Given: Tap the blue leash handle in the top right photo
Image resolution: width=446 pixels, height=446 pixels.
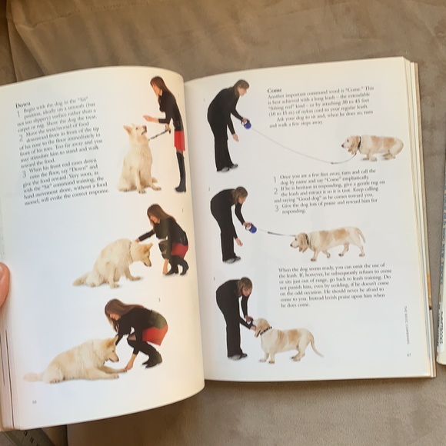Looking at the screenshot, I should click(x=246, y=123).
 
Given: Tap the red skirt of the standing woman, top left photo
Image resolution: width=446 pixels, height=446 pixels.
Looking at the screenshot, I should click(x=178, y=140).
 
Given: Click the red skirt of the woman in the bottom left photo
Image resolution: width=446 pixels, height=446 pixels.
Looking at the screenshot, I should click(x=155, y=334).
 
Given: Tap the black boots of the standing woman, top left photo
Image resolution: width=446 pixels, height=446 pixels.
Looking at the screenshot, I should click(x=181, y=173).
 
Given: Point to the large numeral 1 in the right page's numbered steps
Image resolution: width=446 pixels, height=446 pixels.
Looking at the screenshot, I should click(x=275, y=179).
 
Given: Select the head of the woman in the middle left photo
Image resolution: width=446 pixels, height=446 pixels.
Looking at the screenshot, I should click(x=157, y=213).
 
